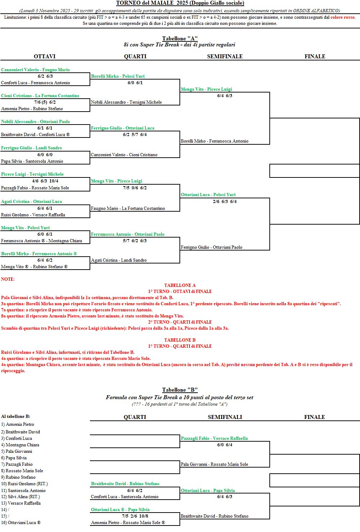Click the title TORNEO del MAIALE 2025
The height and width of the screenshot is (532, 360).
tap(180, 3)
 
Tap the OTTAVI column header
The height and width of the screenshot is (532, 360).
tap(45, 57)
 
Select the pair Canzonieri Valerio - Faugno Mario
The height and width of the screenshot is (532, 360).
tap(35, 70)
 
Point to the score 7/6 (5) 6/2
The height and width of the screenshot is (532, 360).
tap(45, 102)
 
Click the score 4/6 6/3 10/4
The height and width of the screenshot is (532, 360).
tap(45, 181)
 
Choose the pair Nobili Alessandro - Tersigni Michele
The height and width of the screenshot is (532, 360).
tap(126, 102)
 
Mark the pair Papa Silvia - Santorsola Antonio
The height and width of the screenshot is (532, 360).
tap(32, 161)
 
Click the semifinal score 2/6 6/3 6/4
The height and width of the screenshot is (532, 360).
tap(225, 202)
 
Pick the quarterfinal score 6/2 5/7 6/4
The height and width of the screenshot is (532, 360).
tap(135, 135)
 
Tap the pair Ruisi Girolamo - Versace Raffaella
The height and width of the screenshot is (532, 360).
tap(33, 215)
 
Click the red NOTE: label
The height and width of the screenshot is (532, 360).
tap(8, 279)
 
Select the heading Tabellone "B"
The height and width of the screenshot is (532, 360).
tap(180, 390)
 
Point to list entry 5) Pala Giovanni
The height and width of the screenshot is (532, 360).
tap(17, 451)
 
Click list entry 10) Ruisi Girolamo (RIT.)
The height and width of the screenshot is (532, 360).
tap(24, 484)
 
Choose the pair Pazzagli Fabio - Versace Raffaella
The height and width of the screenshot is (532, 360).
tap(214, 438)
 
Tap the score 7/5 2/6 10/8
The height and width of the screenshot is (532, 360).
tap(135, 516)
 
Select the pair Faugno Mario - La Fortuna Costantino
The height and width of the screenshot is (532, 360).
tap(128, 208)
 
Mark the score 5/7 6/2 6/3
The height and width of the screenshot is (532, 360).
tap(135, 241)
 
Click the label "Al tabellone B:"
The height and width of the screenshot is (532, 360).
tap(16, 416)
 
